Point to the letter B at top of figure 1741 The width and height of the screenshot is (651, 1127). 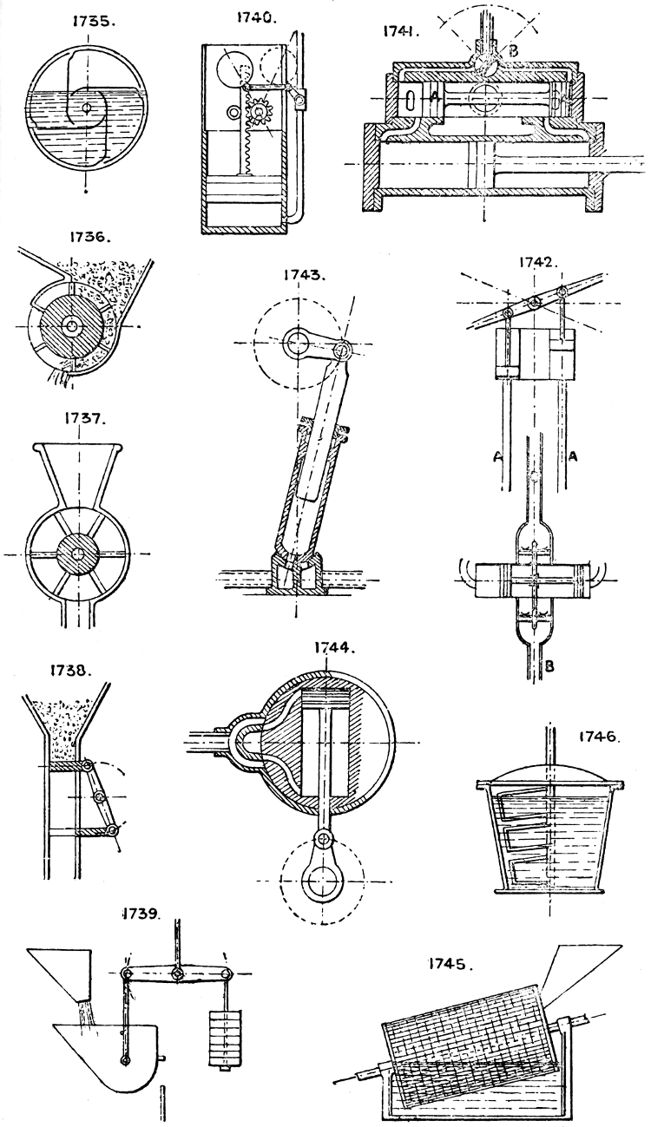click(514, 50)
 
